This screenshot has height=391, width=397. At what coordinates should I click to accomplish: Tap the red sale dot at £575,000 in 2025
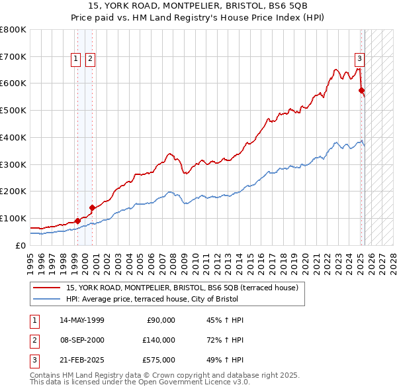pos(361,89)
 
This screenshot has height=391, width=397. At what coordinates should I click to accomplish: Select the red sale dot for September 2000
pos(92,207)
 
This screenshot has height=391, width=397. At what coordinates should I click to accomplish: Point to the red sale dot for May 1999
pos(77,221)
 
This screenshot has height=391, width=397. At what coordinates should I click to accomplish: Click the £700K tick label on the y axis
pos(13,56)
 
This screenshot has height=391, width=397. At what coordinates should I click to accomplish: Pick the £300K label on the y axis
pos(13,164)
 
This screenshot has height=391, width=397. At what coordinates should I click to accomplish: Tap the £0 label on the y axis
pos(21,245)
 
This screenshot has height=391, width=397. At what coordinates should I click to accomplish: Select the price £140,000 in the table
pos(159,340)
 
